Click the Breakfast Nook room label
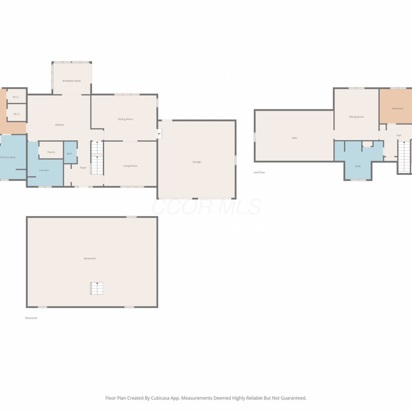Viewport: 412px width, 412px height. [x=72, y=81]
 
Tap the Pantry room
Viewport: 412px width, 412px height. [x=51, y=150]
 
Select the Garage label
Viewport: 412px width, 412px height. [x=197, y=162]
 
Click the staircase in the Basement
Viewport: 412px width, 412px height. [x=97, y=288]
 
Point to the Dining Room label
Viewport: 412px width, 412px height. [x=125, y=119]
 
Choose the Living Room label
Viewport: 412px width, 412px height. [x=130, y=166]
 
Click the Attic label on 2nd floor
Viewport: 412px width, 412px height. [x=294, y=138]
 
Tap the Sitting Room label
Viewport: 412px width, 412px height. [x=357, y=117]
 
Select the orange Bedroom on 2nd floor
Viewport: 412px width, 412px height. [x=396, y=106]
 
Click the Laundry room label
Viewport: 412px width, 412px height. [x=44, y=170]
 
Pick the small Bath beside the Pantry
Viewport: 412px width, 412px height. [x=70, y=153]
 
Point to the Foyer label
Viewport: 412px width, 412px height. [x=83, y=168]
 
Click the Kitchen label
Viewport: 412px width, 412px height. [x=60, y=125]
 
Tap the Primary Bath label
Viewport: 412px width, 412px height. [x=8, y=157]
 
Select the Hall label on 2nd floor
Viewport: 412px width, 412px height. [x=399, y=135]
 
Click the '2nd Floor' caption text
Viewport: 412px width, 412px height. [x=259, y=172]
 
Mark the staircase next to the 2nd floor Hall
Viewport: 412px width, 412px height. [x=404, y=157]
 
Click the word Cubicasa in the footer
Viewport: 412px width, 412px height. [x=160, y=398]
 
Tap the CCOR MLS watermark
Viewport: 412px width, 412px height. [x=206, y=207]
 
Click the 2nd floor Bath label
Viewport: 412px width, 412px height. [x=358, y=166]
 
